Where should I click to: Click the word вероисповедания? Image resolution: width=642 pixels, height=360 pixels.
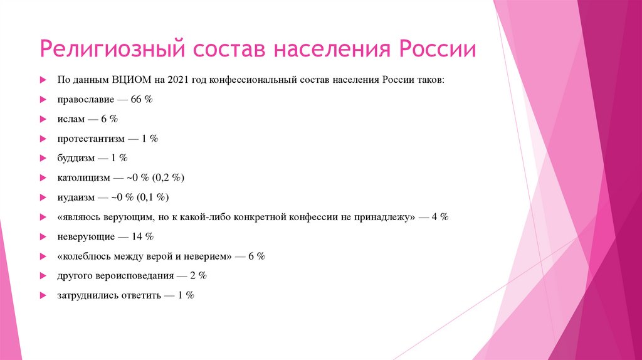tap(130, 275)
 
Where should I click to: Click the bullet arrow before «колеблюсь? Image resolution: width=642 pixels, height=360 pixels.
tap(43, 256)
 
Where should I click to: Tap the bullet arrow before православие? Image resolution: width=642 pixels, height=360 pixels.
tap(43, 100)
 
